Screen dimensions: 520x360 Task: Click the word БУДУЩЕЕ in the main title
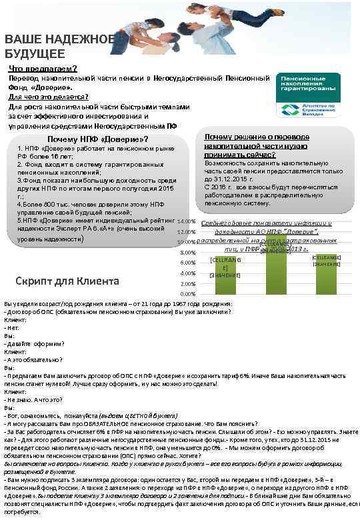click(x=35, y=54)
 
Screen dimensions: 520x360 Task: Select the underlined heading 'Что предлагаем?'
click(x=42, y=69)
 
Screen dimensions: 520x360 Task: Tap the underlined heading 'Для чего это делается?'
click(x=48, y=97)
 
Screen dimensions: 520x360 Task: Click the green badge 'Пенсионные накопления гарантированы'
click(x=306, y=84)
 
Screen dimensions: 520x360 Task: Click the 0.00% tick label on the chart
click(x=187, y=294)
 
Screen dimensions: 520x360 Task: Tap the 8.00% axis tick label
click(x=187, y=252)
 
